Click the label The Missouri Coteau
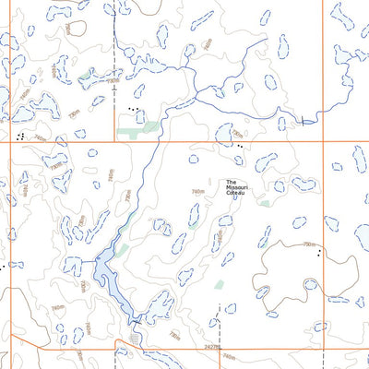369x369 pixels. pyautogui.click(x=238, y=186)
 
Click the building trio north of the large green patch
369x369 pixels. pyautogui.click(x=135, y=110)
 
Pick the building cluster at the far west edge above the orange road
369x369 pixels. pyautogui.click(x=19, y=135)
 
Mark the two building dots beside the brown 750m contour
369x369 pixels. pyautogui.click(x=319, y=251)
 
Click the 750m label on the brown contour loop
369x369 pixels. pyautogui.click(x=308, y=244)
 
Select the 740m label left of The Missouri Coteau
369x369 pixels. pyautogui.click(x=197, y=192)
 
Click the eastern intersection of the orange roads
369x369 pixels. pyautogui.click(x=323, y=142)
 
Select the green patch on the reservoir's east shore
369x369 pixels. pyautogui.click(x=121, y=251)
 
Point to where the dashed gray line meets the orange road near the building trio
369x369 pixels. pyautogui.click(x=115, y=142)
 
